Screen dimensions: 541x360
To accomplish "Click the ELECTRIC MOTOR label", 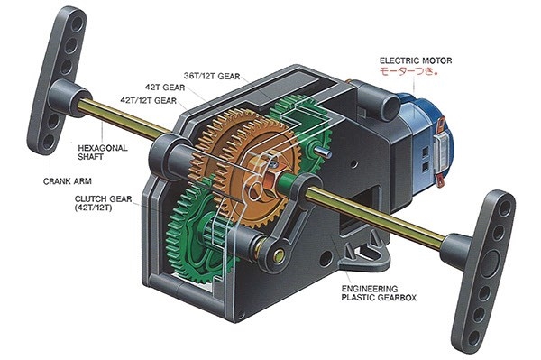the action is pos(416,60).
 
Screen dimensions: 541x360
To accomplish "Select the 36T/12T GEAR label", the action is pos(212,76).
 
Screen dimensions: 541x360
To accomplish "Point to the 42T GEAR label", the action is pos(165,88).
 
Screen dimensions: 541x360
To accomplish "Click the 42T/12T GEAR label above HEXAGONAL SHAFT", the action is pos(149,100).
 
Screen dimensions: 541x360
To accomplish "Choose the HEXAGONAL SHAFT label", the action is pos(103,152).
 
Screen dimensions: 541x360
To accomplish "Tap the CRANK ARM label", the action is pos(68,181).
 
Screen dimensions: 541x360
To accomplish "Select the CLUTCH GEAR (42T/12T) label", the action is pos(103,203).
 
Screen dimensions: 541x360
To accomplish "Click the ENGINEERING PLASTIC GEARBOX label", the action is pos(379,293).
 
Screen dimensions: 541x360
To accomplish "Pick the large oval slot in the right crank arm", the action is pos(490,263).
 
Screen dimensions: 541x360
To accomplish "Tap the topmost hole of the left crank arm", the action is pos(77,23).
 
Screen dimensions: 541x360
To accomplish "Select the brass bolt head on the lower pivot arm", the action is pos(278,255).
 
